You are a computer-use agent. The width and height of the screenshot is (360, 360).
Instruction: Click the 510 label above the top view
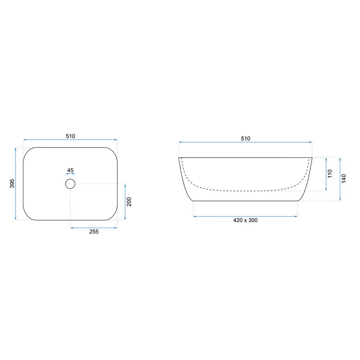(70, 136)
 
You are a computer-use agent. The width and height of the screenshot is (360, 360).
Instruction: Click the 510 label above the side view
(245, 138)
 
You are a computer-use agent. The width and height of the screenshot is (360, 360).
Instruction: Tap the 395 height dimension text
(12, 184)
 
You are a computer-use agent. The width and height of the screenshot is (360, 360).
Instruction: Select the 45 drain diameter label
(70, 170)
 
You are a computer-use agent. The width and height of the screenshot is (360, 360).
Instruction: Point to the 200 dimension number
(129, 202)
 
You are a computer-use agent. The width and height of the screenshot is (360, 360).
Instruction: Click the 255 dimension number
(94, 232)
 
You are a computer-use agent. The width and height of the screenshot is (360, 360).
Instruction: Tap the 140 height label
(344, 179)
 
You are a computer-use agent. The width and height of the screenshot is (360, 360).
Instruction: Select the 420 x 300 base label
(245, 220)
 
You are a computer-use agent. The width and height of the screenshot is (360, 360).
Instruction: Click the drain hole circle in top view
(70, 184)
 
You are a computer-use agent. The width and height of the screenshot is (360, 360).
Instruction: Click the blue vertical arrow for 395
(16, 184)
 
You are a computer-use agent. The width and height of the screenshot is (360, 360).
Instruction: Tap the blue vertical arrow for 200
(125, 202)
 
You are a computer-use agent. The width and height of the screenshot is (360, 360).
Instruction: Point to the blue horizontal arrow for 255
(94, 228)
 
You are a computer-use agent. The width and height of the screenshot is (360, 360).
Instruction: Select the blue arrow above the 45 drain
(70, 174)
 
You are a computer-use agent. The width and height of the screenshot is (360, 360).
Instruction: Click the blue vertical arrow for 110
(326, 174)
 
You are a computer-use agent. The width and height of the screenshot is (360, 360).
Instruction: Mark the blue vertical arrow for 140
(340, 179)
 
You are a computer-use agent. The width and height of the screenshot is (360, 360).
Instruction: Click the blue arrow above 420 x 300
(245, 216)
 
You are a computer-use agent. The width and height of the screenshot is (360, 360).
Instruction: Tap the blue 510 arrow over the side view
(245, 142)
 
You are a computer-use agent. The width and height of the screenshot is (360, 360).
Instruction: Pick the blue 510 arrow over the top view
(70, 140)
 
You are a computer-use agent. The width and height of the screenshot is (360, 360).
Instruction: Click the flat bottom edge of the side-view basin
(245, 201)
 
